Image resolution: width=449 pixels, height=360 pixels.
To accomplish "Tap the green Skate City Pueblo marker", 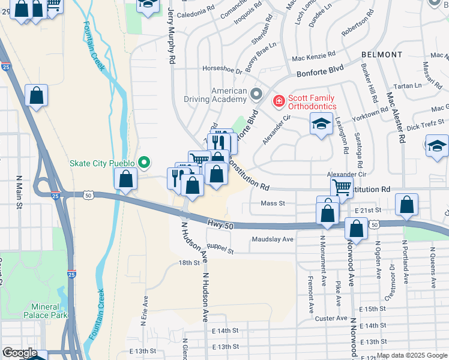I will (144, 162).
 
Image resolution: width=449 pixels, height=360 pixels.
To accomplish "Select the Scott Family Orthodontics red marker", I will (279, 101).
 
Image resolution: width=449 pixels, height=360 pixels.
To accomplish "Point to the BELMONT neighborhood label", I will (382, 55).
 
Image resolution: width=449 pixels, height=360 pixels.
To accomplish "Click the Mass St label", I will (273, 203).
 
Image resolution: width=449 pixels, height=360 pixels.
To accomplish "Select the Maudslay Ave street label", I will (273, 239).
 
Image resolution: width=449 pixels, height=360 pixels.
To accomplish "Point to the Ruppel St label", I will (220, 248).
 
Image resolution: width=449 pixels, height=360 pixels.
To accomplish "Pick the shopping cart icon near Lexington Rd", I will (342, 186).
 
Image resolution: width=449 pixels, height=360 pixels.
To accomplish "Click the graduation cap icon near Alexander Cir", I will (321, 125).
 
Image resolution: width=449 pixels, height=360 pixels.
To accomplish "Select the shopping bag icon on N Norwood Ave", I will (357, 229).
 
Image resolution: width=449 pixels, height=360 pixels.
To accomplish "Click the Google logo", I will (19, 353).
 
